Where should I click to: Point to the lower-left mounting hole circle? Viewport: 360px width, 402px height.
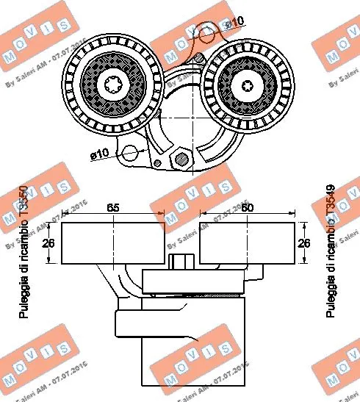point(130,154)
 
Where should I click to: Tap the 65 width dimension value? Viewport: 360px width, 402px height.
point(113,209)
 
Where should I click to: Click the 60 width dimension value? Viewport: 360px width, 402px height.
point(248,209)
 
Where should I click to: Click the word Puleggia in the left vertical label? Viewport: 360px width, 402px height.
point(24,298)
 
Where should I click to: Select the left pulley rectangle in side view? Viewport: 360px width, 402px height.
point(113,243)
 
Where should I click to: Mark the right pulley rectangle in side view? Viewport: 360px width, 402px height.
point(247,243)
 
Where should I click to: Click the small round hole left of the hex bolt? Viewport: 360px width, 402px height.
point(155,162)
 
